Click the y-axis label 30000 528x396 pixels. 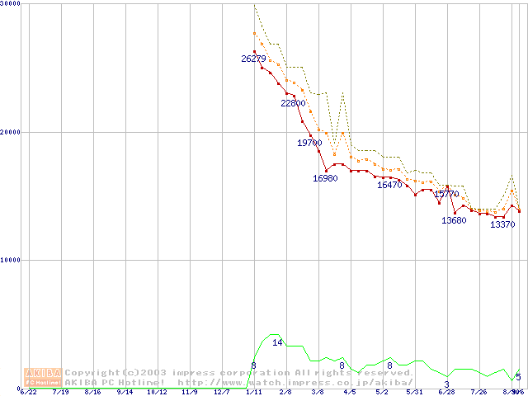(11, 4)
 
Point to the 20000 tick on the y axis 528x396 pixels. (11, 132)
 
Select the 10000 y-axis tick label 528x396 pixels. (11, 260)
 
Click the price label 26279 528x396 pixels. (253, 59)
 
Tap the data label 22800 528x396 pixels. (293, 104)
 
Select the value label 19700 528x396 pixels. (309, 144)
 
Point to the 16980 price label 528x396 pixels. (325, 179)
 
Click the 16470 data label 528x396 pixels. (389, 186)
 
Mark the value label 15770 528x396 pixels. (446, 195)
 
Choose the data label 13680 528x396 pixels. (454, 220)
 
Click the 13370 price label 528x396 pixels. (502, 224)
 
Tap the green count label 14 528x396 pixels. (277, 342)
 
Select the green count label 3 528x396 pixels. (446, 384)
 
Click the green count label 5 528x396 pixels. (518, 377)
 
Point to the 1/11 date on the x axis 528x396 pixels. (253, 393)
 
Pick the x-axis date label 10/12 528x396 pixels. (157, 393)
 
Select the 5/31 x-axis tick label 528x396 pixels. (414, 393)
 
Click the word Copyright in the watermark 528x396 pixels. (92, 373)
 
